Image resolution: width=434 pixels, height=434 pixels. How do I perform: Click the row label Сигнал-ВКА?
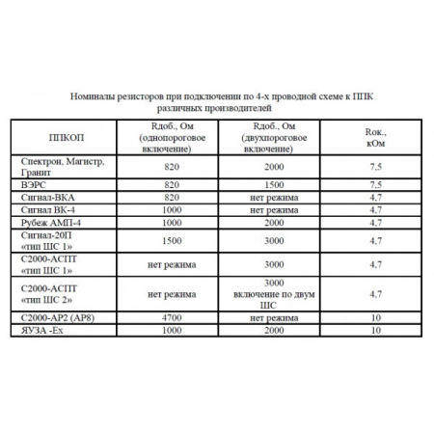(43, 195)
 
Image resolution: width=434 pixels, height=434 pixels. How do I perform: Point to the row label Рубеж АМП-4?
(45, 221)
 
